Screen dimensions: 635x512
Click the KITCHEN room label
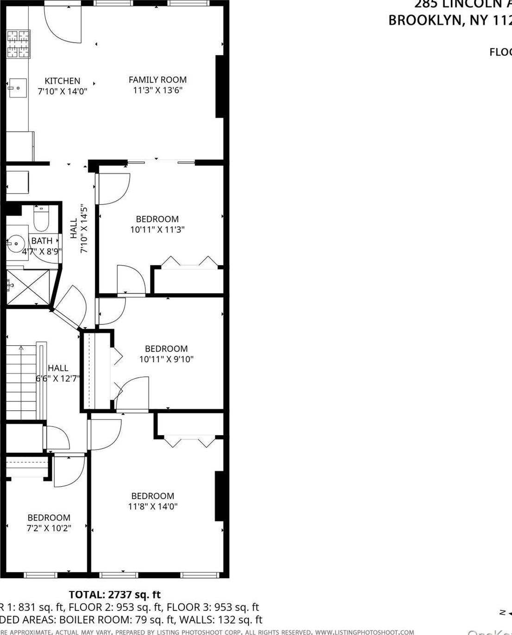pos(62,81)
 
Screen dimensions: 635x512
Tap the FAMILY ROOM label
pos(157,80)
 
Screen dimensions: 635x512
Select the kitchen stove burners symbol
pos(19,44)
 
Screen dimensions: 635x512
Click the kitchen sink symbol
pos(17,87)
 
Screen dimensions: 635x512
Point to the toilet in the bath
pos(41,220)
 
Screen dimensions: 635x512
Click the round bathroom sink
pos(17,242)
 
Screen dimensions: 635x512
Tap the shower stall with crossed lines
pos(28,287)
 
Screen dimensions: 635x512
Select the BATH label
pos(42,241)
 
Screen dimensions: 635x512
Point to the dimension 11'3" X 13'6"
pos(157,90)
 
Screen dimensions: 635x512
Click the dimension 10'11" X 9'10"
pos(166,359)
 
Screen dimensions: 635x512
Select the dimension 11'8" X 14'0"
pos(152,507)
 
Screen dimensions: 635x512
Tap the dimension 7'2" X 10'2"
pos(49,528)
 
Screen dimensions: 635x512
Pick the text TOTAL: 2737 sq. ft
pos(115,595)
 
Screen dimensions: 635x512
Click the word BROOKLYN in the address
pos(425,21)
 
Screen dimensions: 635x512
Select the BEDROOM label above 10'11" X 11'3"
pos(157,219)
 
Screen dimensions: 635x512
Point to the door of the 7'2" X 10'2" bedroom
pos(69,471)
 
